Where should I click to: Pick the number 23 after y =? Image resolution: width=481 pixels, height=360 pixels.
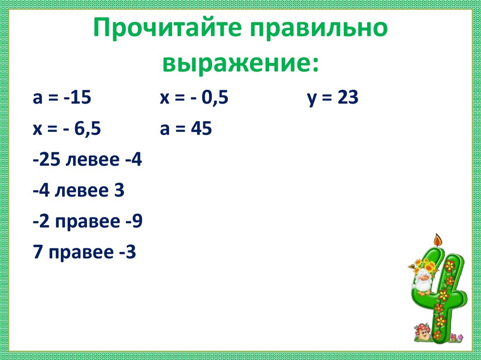pos(348,98)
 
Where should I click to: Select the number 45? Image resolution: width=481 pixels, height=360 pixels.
pos(201,129)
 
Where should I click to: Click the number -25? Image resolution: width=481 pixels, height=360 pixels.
pos(47,160)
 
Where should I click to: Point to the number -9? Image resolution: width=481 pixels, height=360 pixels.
pos(134,222)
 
